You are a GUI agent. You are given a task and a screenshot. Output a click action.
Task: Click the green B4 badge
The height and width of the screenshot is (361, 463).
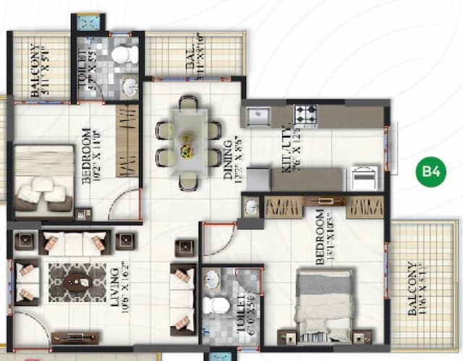431,172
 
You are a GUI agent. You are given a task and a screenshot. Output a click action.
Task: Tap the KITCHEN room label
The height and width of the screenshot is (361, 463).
285,149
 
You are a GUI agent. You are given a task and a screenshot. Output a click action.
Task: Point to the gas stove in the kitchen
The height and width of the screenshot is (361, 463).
305,115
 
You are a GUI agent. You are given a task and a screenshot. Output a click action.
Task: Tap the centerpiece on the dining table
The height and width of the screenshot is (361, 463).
187,144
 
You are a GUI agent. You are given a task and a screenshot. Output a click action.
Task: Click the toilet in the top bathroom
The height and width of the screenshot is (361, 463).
125,54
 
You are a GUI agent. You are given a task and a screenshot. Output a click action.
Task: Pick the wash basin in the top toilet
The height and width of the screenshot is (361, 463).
130,88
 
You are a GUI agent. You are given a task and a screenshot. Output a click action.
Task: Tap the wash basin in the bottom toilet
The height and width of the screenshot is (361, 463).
211,279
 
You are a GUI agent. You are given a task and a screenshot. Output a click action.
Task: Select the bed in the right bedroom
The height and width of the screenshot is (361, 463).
324,303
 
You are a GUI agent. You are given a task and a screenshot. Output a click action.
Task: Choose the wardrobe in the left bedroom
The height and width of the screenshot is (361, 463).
127,140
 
